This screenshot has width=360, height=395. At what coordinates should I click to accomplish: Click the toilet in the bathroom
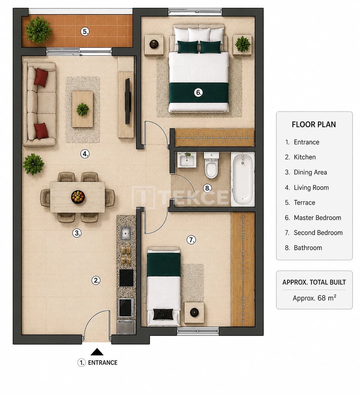(x=211, y=165)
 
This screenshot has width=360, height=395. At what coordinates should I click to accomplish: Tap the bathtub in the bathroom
(x=243, y=179)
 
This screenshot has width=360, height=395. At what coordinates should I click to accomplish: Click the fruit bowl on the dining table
(x=78, y=197)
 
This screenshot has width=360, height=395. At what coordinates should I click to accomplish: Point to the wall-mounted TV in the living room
(x=128, y=101)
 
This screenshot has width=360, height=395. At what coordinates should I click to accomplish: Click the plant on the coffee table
(x=83, y=110)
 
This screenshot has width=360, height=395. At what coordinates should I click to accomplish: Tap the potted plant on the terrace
(x=39, y=30)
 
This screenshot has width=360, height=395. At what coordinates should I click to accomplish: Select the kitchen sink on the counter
(x=125, y=233)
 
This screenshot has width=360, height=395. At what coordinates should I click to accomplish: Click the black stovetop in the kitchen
(x=126, y=277)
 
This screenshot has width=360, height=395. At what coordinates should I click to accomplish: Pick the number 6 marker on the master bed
(x=198, y=92)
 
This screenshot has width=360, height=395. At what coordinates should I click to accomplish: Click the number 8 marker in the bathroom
(x=207, y=188)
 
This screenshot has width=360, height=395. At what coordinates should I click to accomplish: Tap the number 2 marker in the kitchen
(x=96, y=280)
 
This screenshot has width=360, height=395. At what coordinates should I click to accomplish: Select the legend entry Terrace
(x=304, y=202)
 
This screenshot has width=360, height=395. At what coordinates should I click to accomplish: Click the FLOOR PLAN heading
(x=314, y=124)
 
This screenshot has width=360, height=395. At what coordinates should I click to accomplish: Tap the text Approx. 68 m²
(x=314, y=298)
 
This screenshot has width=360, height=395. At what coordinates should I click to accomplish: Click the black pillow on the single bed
(x=163, y=314)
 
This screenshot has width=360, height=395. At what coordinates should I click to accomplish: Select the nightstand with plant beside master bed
(x=242, y=45)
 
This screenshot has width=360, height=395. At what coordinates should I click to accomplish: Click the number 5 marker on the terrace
(x=85, y=32)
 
